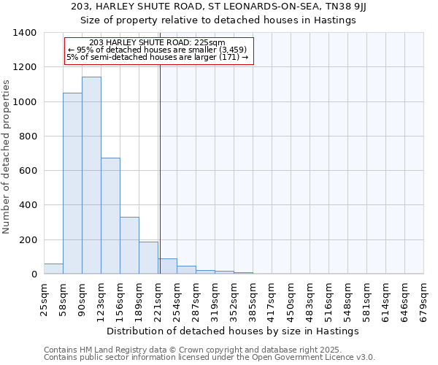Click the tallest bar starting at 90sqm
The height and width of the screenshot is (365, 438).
pos(91,175)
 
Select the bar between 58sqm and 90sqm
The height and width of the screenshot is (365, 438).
pos(72,183)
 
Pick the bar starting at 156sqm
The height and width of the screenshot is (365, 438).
pos(129,245)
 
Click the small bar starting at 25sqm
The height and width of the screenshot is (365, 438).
pos(53,269)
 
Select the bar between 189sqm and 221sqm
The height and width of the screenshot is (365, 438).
pos(148,258)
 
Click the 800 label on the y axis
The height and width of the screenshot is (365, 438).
pos(28,137)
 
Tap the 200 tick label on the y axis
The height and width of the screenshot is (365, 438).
pos(28,240)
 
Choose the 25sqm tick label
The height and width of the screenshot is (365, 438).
pos(45,299)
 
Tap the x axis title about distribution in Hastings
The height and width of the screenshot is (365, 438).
pos(233,331)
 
